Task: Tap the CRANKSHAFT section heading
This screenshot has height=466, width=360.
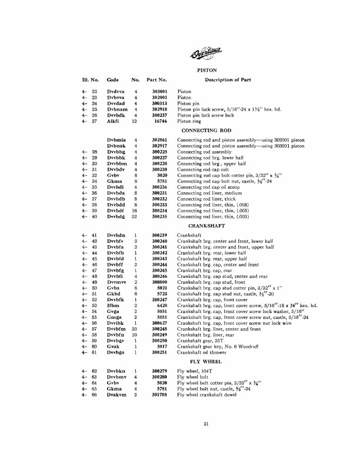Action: [203, 226]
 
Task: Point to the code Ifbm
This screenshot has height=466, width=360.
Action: [113, 306]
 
